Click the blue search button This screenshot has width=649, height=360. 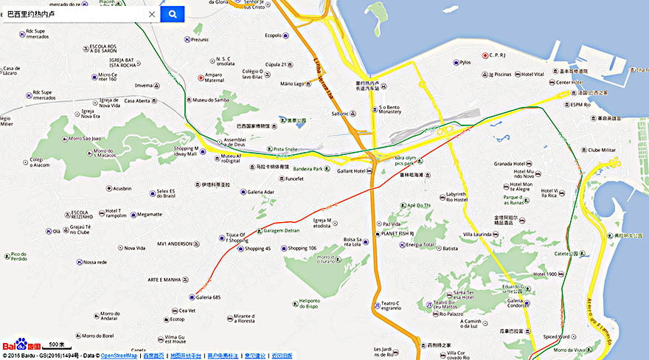[x=172, y=14]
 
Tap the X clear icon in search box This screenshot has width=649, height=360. [x=152, y=14]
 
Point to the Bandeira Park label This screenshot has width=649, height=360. [x=308, y=169]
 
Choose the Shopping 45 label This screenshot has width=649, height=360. [x=257, y=249]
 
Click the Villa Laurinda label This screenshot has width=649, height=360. [x=477, y=234]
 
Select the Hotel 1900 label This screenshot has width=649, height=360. [x=545, y=274]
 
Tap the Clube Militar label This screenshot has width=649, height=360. [x=601, y=150]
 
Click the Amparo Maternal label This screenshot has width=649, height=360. [x=213, y=77]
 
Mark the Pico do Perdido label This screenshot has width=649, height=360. [x=19, y=257]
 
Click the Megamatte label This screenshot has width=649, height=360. [x=149, y=215]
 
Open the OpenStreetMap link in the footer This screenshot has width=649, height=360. [x=119, y=356]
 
